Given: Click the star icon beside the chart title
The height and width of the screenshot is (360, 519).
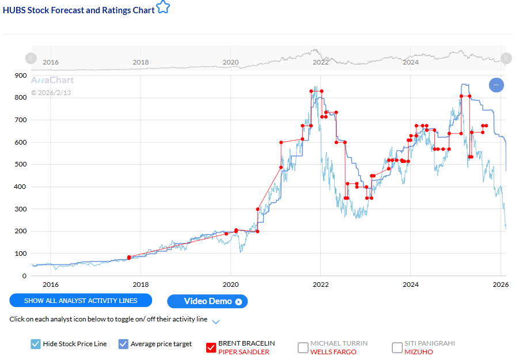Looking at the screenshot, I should point(164,7).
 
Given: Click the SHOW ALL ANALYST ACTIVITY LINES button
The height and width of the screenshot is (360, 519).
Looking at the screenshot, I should point(81,300).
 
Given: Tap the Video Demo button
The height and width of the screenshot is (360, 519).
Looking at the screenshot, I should point(207,301).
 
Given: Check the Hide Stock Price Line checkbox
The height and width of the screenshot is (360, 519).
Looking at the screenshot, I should point(36,344).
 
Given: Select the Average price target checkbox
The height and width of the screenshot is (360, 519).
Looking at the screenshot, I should point(123,344).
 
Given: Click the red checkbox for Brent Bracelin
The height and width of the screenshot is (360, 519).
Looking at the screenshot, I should point(211,347).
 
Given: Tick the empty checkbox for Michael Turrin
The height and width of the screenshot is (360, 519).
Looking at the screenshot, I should point(303,347).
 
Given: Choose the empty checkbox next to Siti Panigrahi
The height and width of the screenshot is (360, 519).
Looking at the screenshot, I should point(397,347).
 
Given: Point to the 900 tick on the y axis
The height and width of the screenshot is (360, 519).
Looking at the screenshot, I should point(20,75).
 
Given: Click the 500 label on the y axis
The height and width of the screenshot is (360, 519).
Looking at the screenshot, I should point(20,165).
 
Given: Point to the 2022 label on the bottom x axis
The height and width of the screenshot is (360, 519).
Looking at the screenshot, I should point(320,285).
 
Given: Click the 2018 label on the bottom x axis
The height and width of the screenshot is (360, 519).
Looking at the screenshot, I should point(141,285).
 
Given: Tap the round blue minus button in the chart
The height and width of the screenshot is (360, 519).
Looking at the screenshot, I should point(497,85).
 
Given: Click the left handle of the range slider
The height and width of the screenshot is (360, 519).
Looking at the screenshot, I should point(31,58).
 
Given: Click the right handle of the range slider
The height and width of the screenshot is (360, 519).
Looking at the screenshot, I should point(506,58).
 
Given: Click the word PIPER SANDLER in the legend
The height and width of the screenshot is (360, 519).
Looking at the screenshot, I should point(244,352).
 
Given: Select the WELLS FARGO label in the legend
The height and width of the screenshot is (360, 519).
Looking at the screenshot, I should point(334,352).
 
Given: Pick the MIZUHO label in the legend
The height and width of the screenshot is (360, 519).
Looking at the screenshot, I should point(418,352).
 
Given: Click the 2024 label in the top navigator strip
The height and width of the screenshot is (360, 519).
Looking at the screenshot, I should point(411,62).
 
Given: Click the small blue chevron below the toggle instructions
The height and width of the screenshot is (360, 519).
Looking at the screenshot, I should point(216,321).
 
